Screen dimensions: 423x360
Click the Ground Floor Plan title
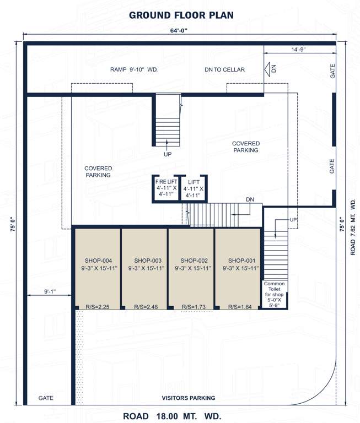point(180,15)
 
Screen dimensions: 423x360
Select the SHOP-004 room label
point(98,261)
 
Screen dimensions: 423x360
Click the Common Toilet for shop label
point(274,294)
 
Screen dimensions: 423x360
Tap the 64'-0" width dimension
point(180,31)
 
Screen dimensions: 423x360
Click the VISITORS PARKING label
point(188,398)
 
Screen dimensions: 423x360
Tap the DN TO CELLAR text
point(224,69)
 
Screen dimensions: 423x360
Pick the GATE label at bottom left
point(46,398)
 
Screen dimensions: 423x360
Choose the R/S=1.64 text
point(239,306)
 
